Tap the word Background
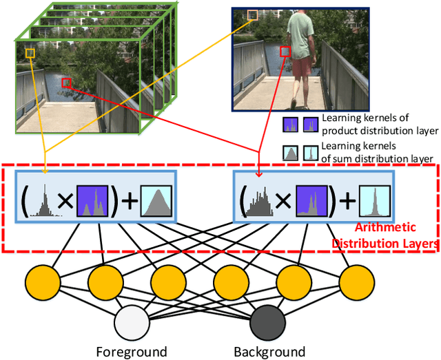[269, 352]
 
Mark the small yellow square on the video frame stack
[30, 53]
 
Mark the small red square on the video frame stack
[66, 83]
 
